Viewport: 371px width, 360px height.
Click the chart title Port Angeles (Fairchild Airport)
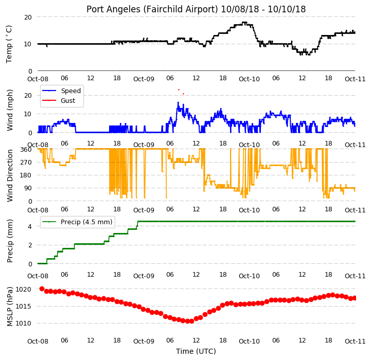tap(152, 9)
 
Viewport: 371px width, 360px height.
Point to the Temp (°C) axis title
tap(9, 44)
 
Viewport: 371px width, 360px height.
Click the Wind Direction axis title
tap(10, 175)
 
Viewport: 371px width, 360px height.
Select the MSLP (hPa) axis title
tap(10, 307)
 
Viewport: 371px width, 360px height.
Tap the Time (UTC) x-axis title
tap(196, 351)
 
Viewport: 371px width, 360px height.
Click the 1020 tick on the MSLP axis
tap(24, 289)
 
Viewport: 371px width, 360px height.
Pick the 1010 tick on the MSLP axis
tap(24, 323)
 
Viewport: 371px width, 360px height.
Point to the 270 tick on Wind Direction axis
tap(26, 163)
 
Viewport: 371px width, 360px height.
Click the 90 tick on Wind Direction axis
tap(28, 188)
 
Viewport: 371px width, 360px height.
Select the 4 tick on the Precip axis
tap(29, 227)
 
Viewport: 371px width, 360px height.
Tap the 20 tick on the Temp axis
tap(28, 17)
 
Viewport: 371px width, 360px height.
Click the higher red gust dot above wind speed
tap(179, 89)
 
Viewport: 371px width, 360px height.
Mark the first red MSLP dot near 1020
tap(42, 289)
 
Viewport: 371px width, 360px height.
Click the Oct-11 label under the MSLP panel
tap(355, 341)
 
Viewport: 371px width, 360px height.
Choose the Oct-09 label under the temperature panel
tap(144, 79)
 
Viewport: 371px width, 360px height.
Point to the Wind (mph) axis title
tap(10, 110)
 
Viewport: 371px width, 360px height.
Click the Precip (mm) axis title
tap(10, 241)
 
